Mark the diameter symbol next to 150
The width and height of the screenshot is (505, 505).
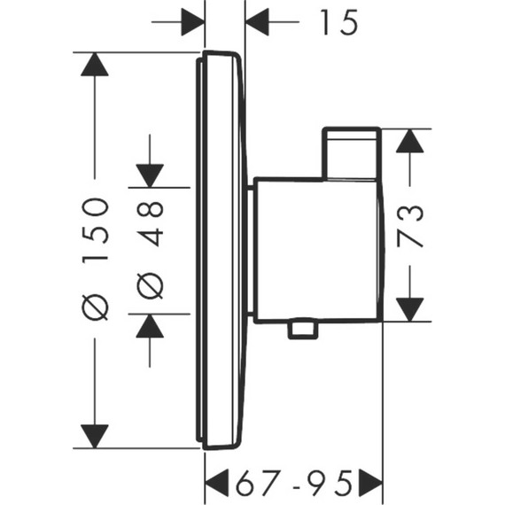coord(95,306)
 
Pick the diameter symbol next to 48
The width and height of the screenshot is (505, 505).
coord(151,285)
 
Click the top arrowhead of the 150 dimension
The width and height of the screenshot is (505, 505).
coord(95,66)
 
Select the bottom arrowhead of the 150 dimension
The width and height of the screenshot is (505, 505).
coord(95,434)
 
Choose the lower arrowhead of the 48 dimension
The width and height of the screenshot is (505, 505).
coord(151,325)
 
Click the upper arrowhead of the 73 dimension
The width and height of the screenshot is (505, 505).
coord(410,143)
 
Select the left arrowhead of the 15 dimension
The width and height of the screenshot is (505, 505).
coord(192,20)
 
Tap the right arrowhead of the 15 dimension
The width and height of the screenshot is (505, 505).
coord(257,20)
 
